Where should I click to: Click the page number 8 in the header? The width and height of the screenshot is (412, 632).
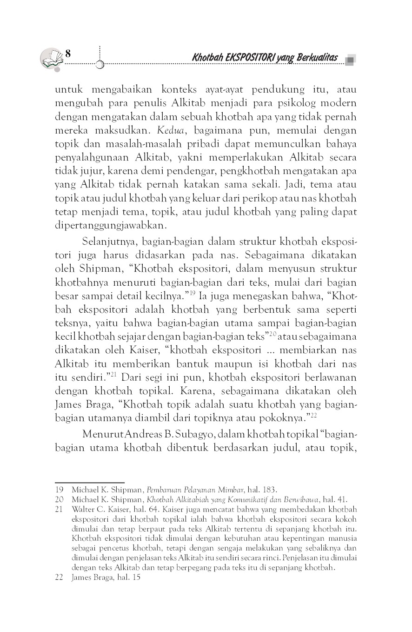(68, 53)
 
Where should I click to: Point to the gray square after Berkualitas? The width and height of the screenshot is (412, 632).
(350, 59)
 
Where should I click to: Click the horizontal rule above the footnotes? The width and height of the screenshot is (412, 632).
(90, 483)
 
